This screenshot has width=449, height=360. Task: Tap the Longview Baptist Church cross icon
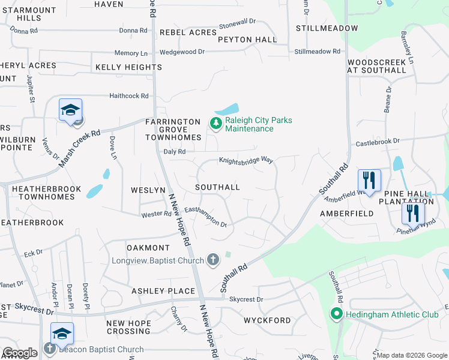tap(212, 260)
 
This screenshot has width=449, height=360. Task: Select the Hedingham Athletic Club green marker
tap(337, 313)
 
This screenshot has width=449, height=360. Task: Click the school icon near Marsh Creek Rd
tap(70, 110)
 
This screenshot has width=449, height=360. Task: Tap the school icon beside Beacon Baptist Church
tap(61, 334)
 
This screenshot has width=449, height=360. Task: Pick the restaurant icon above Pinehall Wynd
tap(412, 213)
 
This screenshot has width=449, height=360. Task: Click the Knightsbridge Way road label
tap(246, 161)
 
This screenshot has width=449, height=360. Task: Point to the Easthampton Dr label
tap(205, 217)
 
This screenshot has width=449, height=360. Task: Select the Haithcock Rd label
tap(128, 96)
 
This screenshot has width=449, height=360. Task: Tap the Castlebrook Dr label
tap(378, 142)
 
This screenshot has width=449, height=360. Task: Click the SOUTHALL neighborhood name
tap(217, 187)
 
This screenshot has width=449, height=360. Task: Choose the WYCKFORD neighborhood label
tap(267, 320)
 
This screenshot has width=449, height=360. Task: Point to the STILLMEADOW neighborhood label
tap(327, 28)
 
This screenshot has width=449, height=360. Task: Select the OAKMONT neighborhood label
tap(148, 248)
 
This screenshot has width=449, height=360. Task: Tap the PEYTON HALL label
tap(247, 40)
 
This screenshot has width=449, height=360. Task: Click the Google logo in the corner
tap(20, 353)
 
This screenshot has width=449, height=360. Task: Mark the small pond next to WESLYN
tap(95, 192)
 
